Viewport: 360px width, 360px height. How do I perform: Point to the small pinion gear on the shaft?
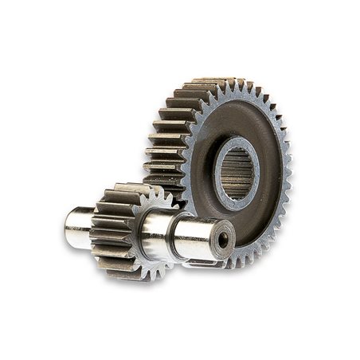pos(119,231)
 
